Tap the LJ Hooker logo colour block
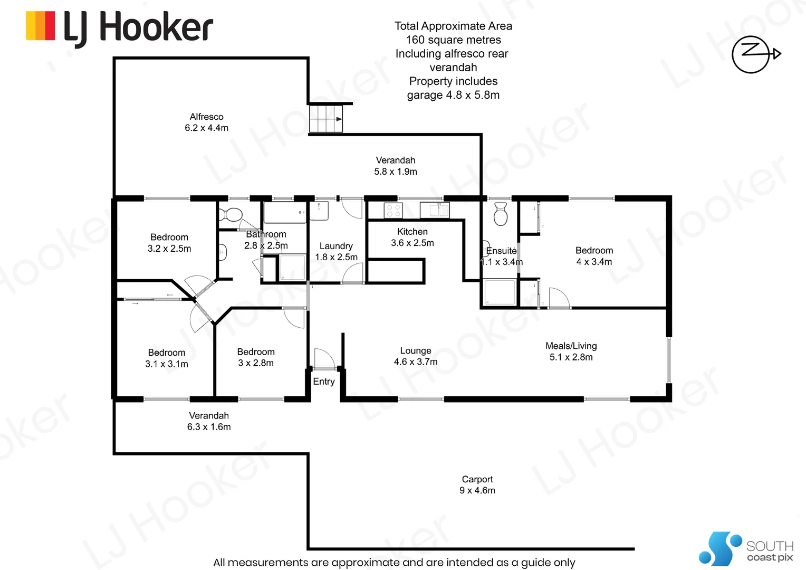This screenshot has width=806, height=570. click(x=40, y=26)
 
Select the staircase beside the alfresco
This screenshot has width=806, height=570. click(x=325, y=119)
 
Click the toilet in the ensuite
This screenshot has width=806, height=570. click(x=500, y=214)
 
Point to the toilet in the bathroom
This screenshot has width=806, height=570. click(x=232, y=215)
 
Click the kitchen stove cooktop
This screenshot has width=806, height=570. click(x=393, y=211)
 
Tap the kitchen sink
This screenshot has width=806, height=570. click(x=435, y=210)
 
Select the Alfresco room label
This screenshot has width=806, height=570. click(x=206, y=122)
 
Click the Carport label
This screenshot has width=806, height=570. click(x=477, y=484)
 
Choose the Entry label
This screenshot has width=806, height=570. click(x=324, y=382)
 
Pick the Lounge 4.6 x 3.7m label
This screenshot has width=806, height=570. click(x=416, y=356)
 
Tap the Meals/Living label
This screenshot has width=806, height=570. click(x=571, y=351)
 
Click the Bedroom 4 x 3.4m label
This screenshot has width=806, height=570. click(x=594, y=256)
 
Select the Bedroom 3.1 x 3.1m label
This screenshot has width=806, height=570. click(x=167, y=358)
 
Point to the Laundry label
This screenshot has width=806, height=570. click(x=336, y=251)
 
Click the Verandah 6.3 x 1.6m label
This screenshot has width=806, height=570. click(x=209, y=421)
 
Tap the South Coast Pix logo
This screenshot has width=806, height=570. click(x=746, y=549)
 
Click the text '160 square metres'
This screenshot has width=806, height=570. click(x=453, y=40)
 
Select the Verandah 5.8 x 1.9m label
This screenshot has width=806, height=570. click(x=396, y=166)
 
